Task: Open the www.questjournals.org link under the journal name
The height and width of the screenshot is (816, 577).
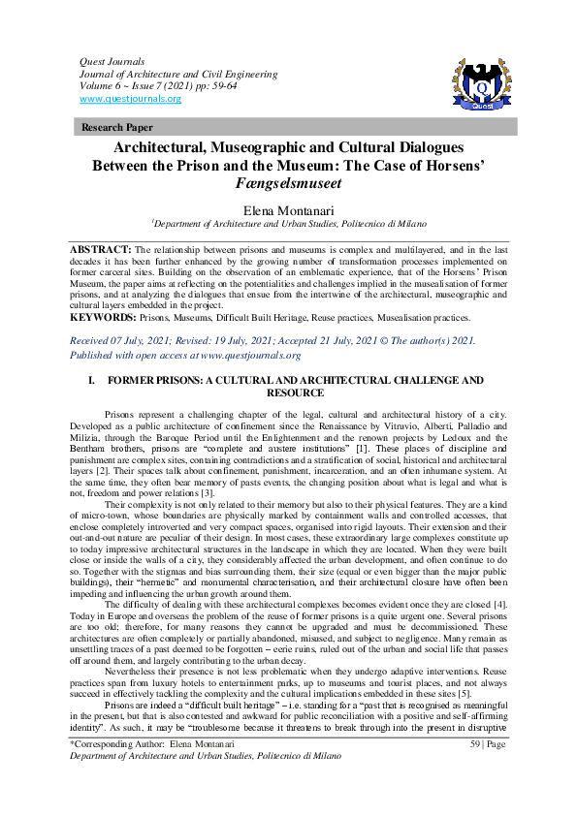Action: [130, 99]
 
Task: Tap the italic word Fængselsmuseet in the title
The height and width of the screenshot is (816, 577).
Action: [288, 183]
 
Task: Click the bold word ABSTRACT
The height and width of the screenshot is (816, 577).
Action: [100, 250]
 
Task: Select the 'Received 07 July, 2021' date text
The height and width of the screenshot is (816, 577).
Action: [126, 341]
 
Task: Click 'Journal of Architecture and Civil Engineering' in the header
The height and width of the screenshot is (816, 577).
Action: [178, 74]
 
